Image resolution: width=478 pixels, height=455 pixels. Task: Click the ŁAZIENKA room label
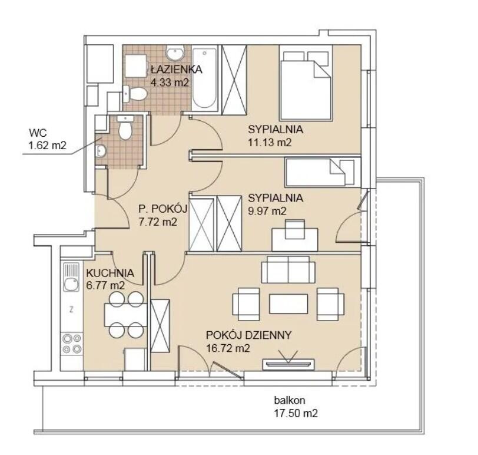[177, 70]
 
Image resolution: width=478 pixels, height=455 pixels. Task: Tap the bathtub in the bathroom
[204, 78]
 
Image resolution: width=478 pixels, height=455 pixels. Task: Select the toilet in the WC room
[125, 127]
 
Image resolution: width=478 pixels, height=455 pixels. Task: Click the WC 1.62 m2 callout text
[47, 139]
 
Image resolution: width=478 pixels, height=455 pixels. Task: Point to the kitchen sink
[71, 277]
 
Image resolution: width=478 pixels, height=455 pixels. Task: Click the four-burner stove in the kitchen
[72, 344]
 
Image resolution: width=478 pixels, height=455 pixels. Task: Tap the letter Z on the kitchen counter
[71, 310]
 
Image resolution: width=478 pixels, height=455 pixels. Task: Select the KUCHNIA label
[110, 273]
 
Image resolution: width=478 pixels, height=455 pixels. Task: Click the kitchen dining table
[125, 315]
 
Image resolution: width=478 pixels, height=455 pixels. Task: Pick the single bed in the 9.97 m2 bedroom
[323, 172]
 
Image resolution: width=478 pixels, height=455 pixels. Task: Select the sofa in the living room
[288, 269]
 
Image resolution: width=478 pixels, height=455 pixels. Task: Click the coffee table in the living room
[288, 304]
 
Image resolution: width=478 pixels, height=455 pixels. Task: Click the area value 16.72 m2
[228, 348]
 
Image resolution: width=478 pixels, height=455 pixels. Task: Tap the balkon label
[289, 400]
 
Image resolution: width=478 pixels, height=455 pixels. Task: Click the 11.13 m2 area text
[270, 142]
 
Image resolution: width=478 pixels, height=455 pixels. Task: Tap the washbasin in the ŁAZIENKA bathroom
[175, 53]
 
